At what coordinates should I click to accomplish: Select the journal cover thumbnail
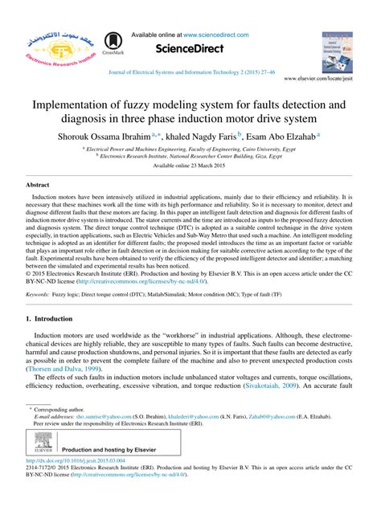[337, 51]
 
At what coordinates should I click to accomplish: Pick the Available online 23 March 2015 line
[190, 165]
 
